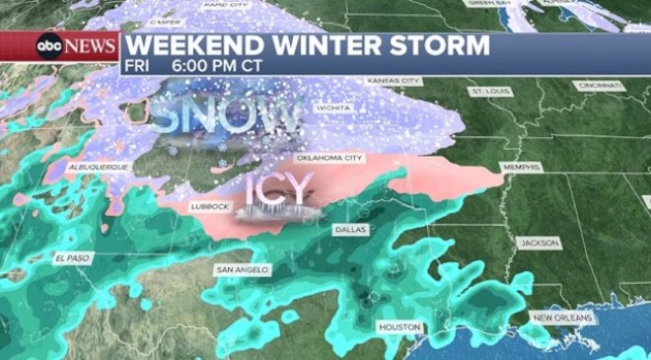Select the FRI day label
138,66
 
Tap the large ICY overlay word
278,188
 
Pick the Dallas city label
349,229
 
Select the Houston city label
400,326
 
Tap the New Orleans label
562,318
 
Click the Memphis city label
521,169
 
